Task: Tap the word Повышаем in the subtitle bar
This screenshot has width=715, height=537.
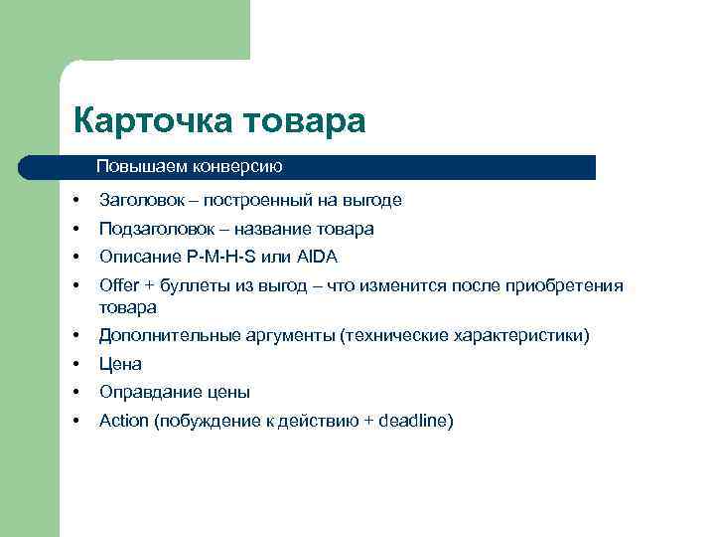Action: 132,166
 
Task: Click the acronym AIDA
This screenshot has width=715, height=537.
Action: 317,257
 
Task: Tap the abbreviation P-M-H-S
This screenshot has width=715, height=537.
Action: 221,257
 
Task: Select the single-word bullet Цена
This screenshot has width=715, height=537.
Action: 120,364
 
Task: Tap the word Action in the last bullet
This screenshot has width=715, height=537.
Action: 122,421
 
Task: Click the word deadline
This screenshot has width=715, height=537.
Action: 414,421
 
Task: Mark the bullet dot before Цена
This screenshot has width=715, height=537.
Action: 76,364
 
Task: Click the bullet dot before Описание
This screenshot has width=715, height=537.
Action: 76,257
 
